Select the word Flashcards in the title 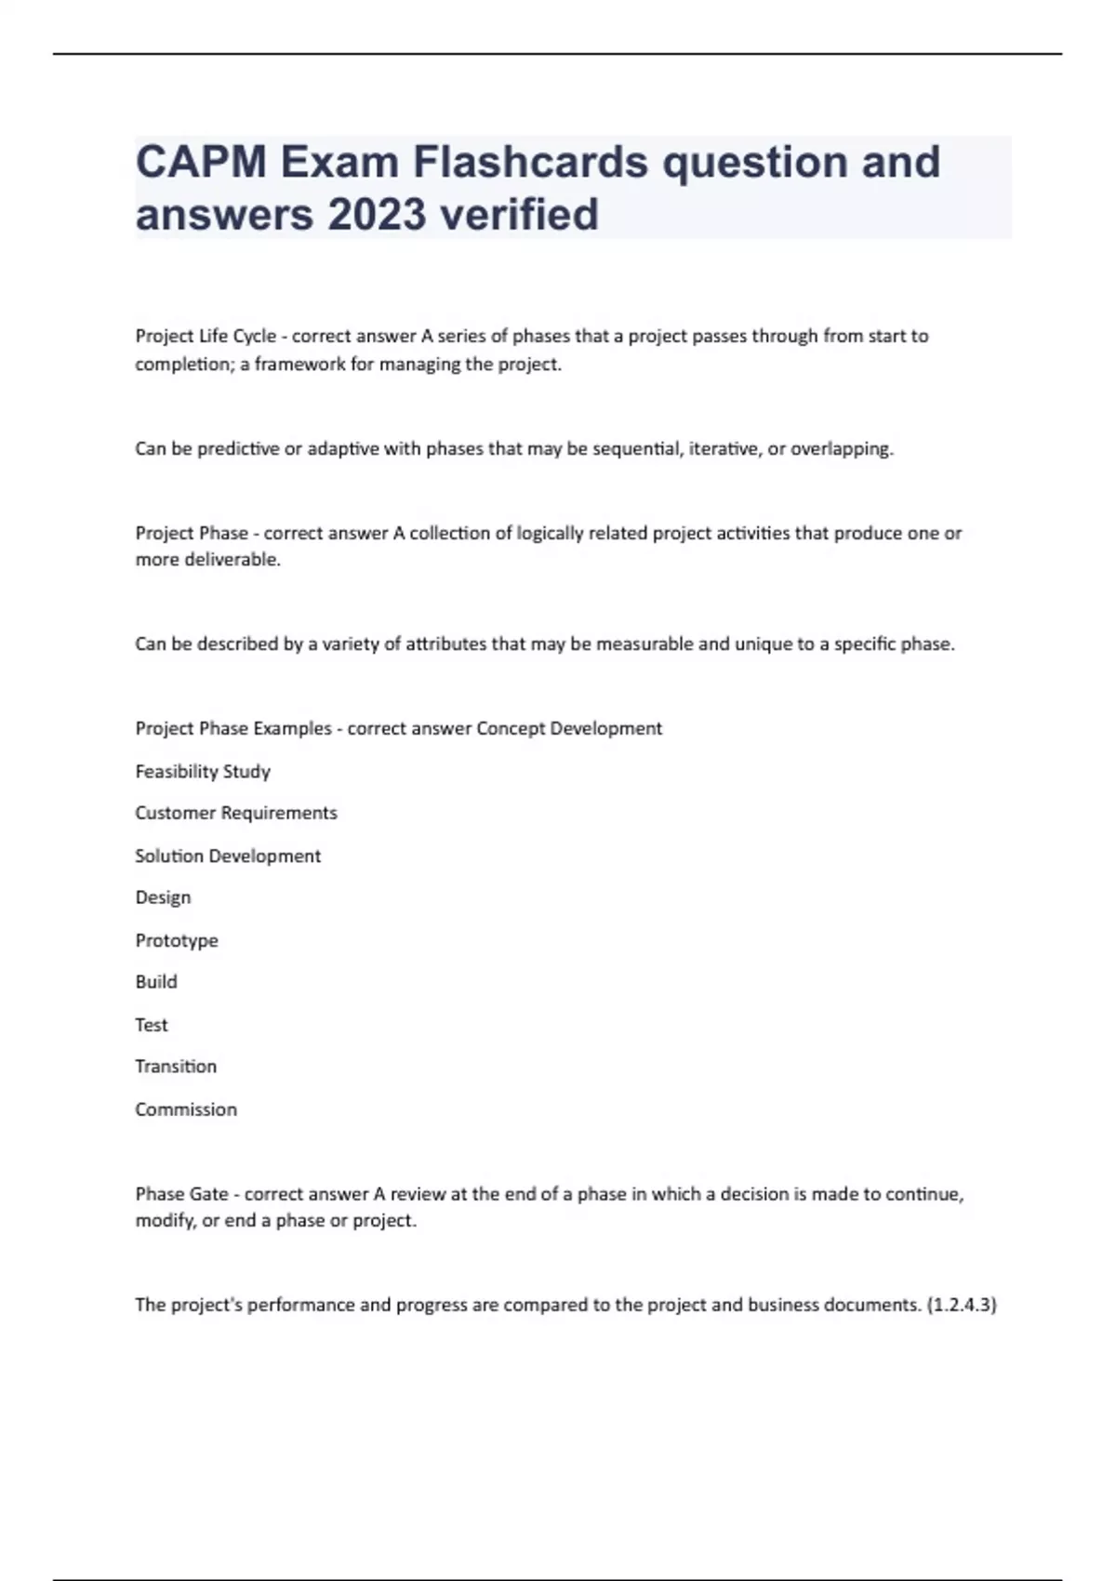coord(530,162)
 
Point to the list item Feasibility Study coord(203,771)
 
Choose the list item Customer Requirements coord(236,813)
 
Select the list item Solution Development coord(228,856)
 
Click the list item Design coord(163,897)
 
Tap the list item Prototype coord(177,940)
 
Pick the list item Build coord(156,982)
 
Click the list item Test coord(152,1025)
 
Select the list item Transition coord(176,1067)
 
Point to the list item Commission coord(186,1109)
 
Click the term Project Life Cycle coord(206,336)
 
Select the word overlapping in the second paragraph coord(841,449)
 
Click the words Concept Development coord(569,728)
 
